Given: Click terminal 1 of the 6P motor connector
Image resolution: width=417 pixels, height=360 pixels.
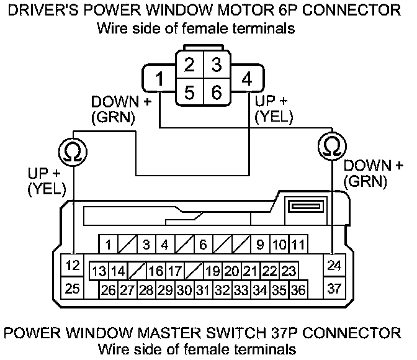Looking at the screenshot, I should (x=160, y=79).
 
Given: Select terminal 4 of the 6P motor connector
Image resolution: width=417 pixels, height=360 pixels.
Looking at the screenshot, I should (x=247, y=79).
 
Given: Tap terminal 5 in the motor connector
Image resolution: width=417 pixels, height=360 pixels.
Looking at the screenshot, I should (x=191, y=92).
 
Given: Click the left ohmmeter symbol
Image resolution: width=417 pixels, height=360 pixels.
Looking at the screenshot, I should (x=73, y=148).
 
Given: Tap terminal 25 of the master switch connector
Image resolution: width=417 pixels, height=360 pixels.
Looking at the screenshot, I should (x=73, y=288).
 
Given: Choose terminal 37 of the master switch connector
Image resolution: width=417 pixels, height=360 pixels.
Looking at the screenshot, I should (x=334, y=288).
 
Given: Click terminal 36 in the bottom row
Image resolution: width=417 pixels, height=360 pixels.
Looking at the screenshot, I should (x=298, y=289).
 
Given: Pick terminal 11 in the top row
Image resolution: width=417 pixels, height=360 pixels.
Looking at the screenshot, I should (x=298, y=245).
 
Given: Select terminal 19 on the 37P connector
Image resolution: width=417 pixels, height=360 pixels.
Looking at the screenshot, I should (x=213, y=271).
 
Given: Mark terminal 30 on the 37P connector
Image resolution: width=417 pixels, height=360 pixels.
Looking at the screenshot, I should (x=184, y=289).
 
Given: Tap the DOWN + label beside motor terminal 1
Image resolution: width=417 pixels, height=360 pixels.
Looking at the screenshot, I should (x=121, y=101).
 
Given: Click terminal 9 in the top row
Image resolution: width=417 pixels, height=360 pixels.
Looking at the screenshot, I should (x=260, y=245).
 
